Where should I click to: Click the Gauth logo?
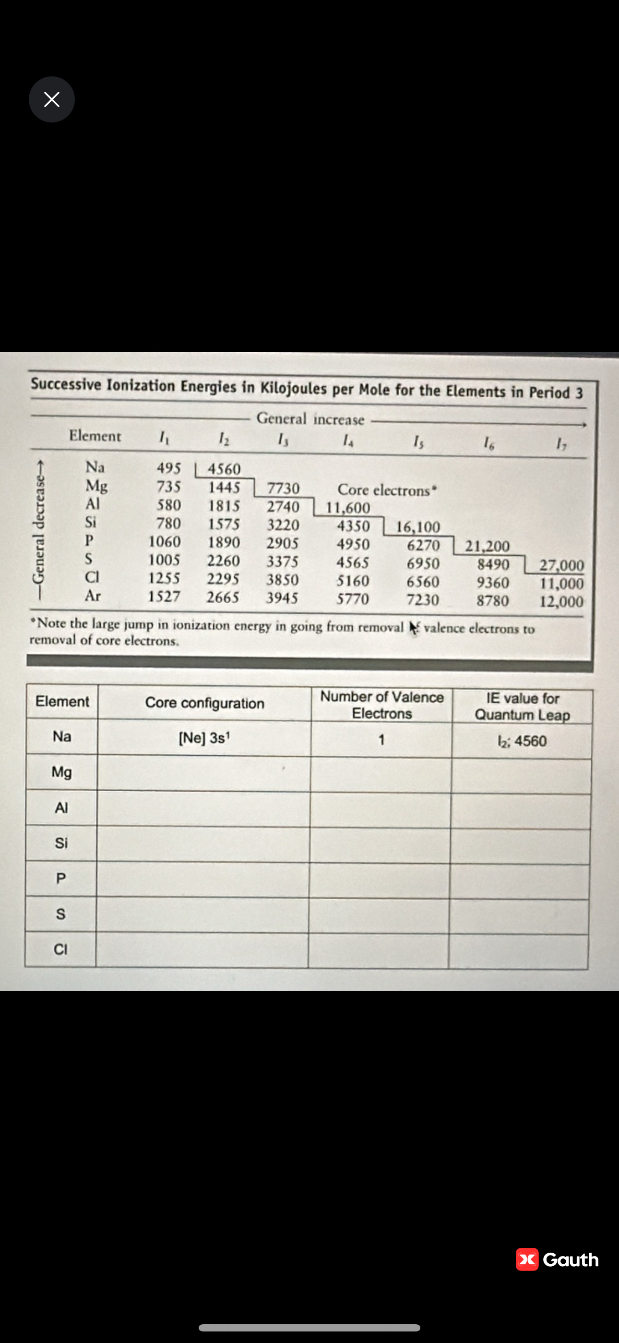pyautogui.click(x=557, y=1259)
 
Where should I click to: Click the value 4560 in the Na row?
pyautogui.click(x=224, y=469)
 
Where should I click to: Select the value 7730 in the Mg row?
pyautogui.click(x=284, y=488)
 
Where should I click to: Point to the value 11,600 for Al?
pyautogui.click(x=348, y=507)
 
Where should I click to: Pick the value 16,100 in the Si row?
pyautogui.click(x=418, y=526)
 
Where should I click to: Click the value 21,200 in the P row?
pyautogui.click(x=487, y=546)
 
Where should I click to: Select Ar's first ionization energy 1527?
pyautogui.click(x=164, y=597)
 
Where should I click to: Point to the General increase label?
pyautogui.click(x=310, y=419)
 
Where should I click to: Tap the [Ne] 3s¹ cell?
pyautogui.click(x=204, y=738)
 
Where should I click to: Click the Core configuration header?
pyautogui.click(x=204, y=703)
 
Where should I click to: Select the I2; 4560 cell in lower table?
pyautogui.click(x=522, y=741)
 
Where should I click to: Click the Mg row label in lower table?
pyautogui.click(x=61, y=771)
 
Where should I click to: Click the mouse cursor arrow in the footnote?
pyautogui.click(x=414, y=628)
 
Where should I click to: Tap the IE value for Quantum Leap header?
pyautogui.click(x=522, y=707)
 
